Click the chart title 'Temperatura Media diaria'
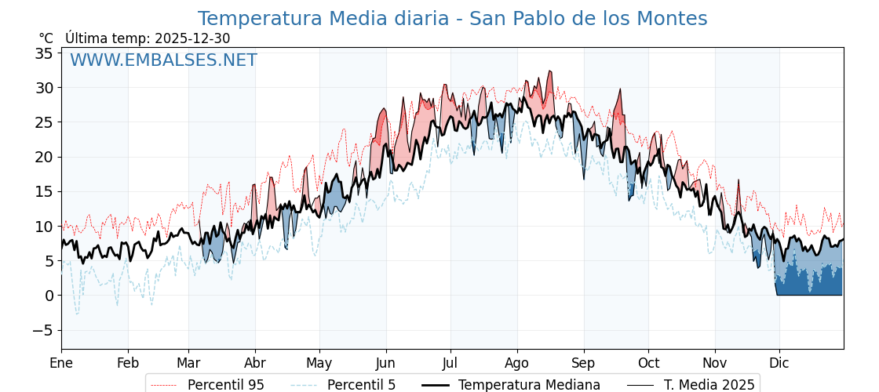(x=452, y=19)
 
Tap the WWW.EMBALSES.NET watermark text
(x=163, y=60)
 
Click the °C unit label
(x=46, y=38)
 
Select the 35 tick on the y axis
(x=44, y=53)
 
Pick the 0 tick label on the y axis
(x=49, y=296)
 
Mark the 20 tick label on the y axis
(x=44, y=157)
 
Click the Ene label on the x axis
(x=61, y=363)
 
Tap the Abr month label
(x=255, y=363)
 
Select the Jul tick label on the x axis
(x=450, y=363)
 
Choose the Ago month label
(x=517, y=363)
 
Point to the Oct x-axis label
(x=648, y=363)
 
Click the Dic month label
(x=779, y=363)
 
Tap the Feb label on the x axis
(x=128, y=363)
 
